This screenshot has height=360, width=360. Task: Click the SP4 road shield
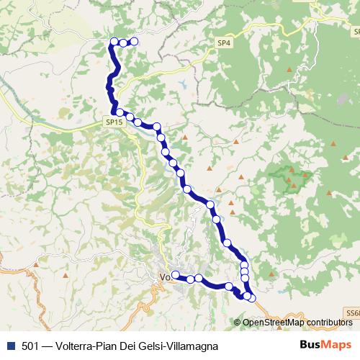coord(224,44)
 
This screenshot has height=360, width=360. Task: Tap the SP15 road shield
coord(114,123)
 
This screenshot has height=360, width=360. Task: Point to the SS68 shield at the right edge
coord(352,313)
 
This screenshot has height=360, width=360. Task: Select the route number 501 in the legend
coord(31,346)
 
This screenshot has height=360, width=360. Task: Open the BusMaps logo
coord(326,346)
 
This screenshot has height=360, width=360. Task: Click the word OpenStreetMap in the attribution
coord(269,322)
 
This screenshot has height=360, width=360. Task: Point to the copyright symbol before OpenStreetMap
coord(237,322)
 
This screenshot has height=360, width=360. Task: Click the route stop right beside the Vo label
coord(175,274)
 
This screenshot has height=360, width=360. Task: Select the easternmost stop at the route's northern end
coord(133,42)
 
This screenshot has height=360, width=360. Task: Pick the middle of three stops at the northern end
coord(123,43)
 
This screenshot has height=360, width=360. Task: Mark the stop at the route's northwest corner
coord(113,41)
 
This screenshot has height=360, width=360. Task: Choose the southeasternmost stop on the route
coord(251,297)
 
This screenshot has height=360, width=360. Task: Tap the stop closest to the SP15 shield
coord(120,112)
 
